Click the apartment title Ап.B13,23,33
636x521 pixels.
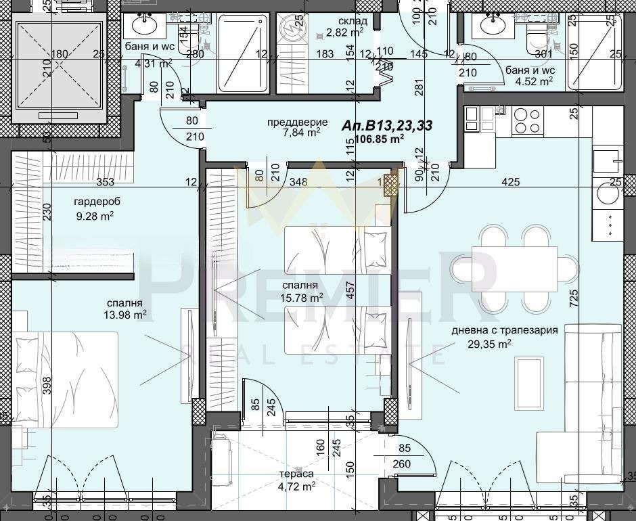(387, 125)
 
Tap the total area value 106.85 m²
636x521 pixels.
(379, 139)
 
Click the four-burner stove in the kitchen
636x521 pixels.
(528, 120)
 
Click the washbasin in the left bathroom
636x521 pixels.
(143, 25)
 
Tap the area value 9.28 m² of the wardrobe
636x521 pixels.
(93, 217)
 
